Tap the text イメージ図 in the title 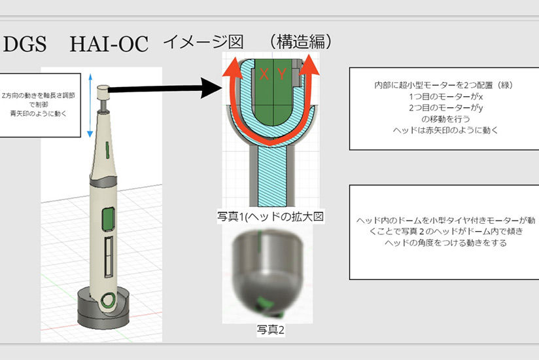coord(203,43)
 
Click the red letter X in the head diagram coord(264,75)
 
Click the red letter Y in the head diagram coord(281,75)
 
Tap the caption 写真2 coord(271,331)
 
